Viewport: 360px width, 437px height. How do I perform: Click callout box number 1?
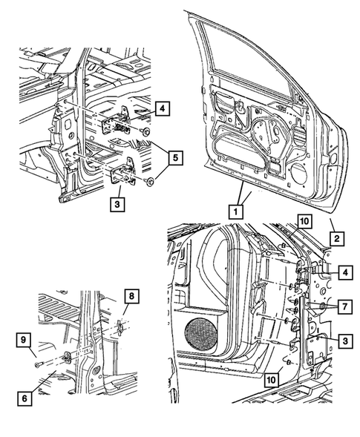(235, 211)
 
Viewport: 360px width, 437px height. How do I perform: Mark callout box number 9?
(24, 341)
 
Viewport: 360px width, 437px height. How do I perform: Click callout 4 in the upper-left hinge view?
(163, 108)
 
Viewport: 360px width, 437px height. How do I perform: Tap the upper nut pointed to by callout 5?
(146, 132)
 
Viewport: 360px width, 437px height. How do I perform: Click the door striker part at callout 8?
(118, 325)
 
